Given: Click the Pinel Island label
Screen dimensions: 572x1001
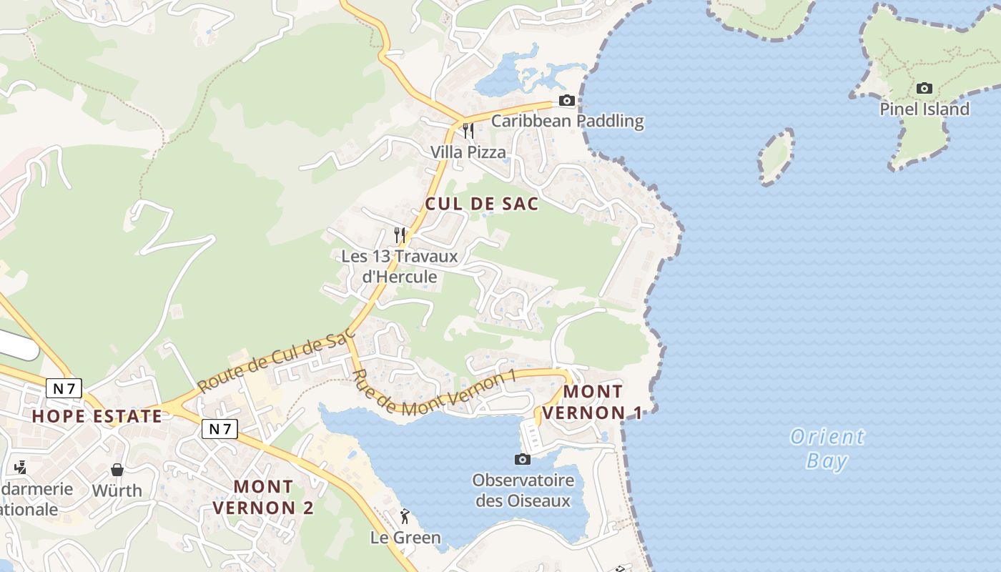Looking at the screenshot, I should (924, 109).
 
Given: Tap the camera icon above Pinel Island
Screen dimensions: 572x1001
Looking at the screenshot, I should (924, 89).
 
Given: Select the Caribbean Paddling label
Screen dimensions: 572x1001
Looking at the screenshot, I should (567, 121).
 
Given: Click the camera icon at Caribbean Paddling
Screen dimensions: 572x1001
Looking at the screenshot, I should (567, 101).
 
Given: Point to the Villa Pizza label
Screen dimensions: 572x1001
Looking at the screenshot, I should (468, 152).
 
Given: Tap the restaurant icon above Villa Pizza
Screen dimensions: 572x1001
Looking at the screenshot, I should (468, 130).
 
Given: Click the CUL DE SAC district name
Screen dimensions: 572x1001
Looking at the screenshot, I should (482, 204).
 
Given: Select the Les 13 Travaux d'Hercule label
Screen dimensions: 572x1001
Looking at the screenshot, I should (399, 266).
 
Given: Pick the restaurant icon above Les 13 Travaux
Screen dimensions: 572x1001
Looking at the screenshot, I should (400, 234).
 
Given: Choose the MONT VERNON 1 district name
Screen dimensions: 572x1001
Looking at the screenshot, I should (593, 403).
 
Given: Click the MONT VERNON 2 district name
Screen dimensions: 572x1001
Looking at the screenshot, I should (263, 497).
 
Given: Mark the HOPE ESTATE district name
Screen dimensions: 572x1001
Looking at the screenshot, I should (97, 416).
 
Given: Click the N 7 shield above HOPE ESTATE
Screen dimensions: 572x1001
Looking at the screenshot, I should (64, 388).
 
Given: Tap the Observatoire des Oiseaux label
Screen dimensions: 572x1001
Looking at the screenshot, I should (523, 490).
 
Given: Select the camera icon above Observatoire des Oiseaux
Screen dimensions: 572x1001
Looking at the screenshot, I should (523, 459).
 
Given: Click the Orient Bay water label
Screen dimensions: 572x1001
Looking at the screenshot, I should (827, 448).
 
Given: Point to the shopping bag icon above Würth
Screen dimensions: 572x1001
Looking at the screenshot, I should (117, 470).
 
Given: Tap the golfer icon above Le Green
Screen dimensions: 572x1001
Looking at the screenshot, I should (405, 516).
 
